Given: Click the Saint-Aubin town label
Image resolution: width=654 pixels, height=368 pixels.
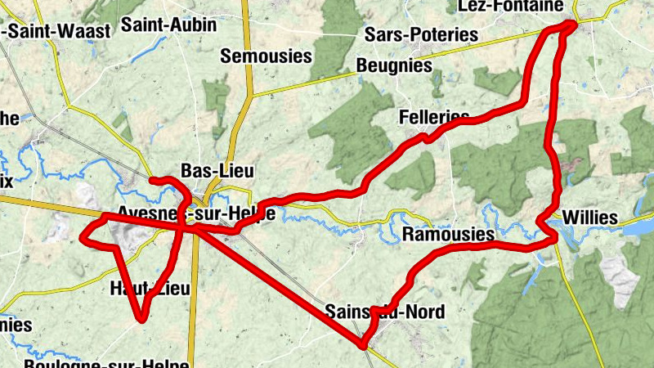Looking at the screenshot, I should click(x=169, y=25).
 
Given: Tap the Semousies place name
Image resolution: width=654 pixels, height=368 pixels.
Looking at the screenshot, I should click(x=267, y=56).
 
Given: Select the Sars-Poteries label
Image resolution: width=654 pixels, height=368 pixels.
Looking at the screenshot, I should click(x=421, y=34).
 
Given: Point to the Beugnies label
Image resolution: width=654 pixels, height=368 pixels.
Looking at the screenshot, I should click(x=393, y=65).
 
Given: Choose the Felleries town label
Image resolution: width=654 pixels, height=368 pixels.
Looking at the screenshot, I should click(x=434, y=117).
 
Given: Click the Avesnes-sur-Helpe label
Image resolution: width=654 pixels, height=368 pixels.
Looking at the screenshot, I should click(x=195, y=213).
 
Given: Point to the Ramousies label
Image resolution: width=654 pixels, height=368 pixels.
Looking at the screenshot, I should click(x=449, y=236).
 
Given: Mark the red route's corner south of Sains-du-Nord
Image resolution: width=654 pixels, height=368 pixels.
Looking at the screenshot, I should click(x=362, y=346).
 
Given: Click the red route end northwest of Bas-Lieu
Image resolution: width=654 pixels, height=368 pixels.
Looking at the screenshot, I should click(x=153, y=179).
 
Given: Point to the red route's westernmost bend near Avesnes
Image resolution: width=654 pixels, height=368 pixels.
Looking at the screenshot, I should click(x=82, y=237).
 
